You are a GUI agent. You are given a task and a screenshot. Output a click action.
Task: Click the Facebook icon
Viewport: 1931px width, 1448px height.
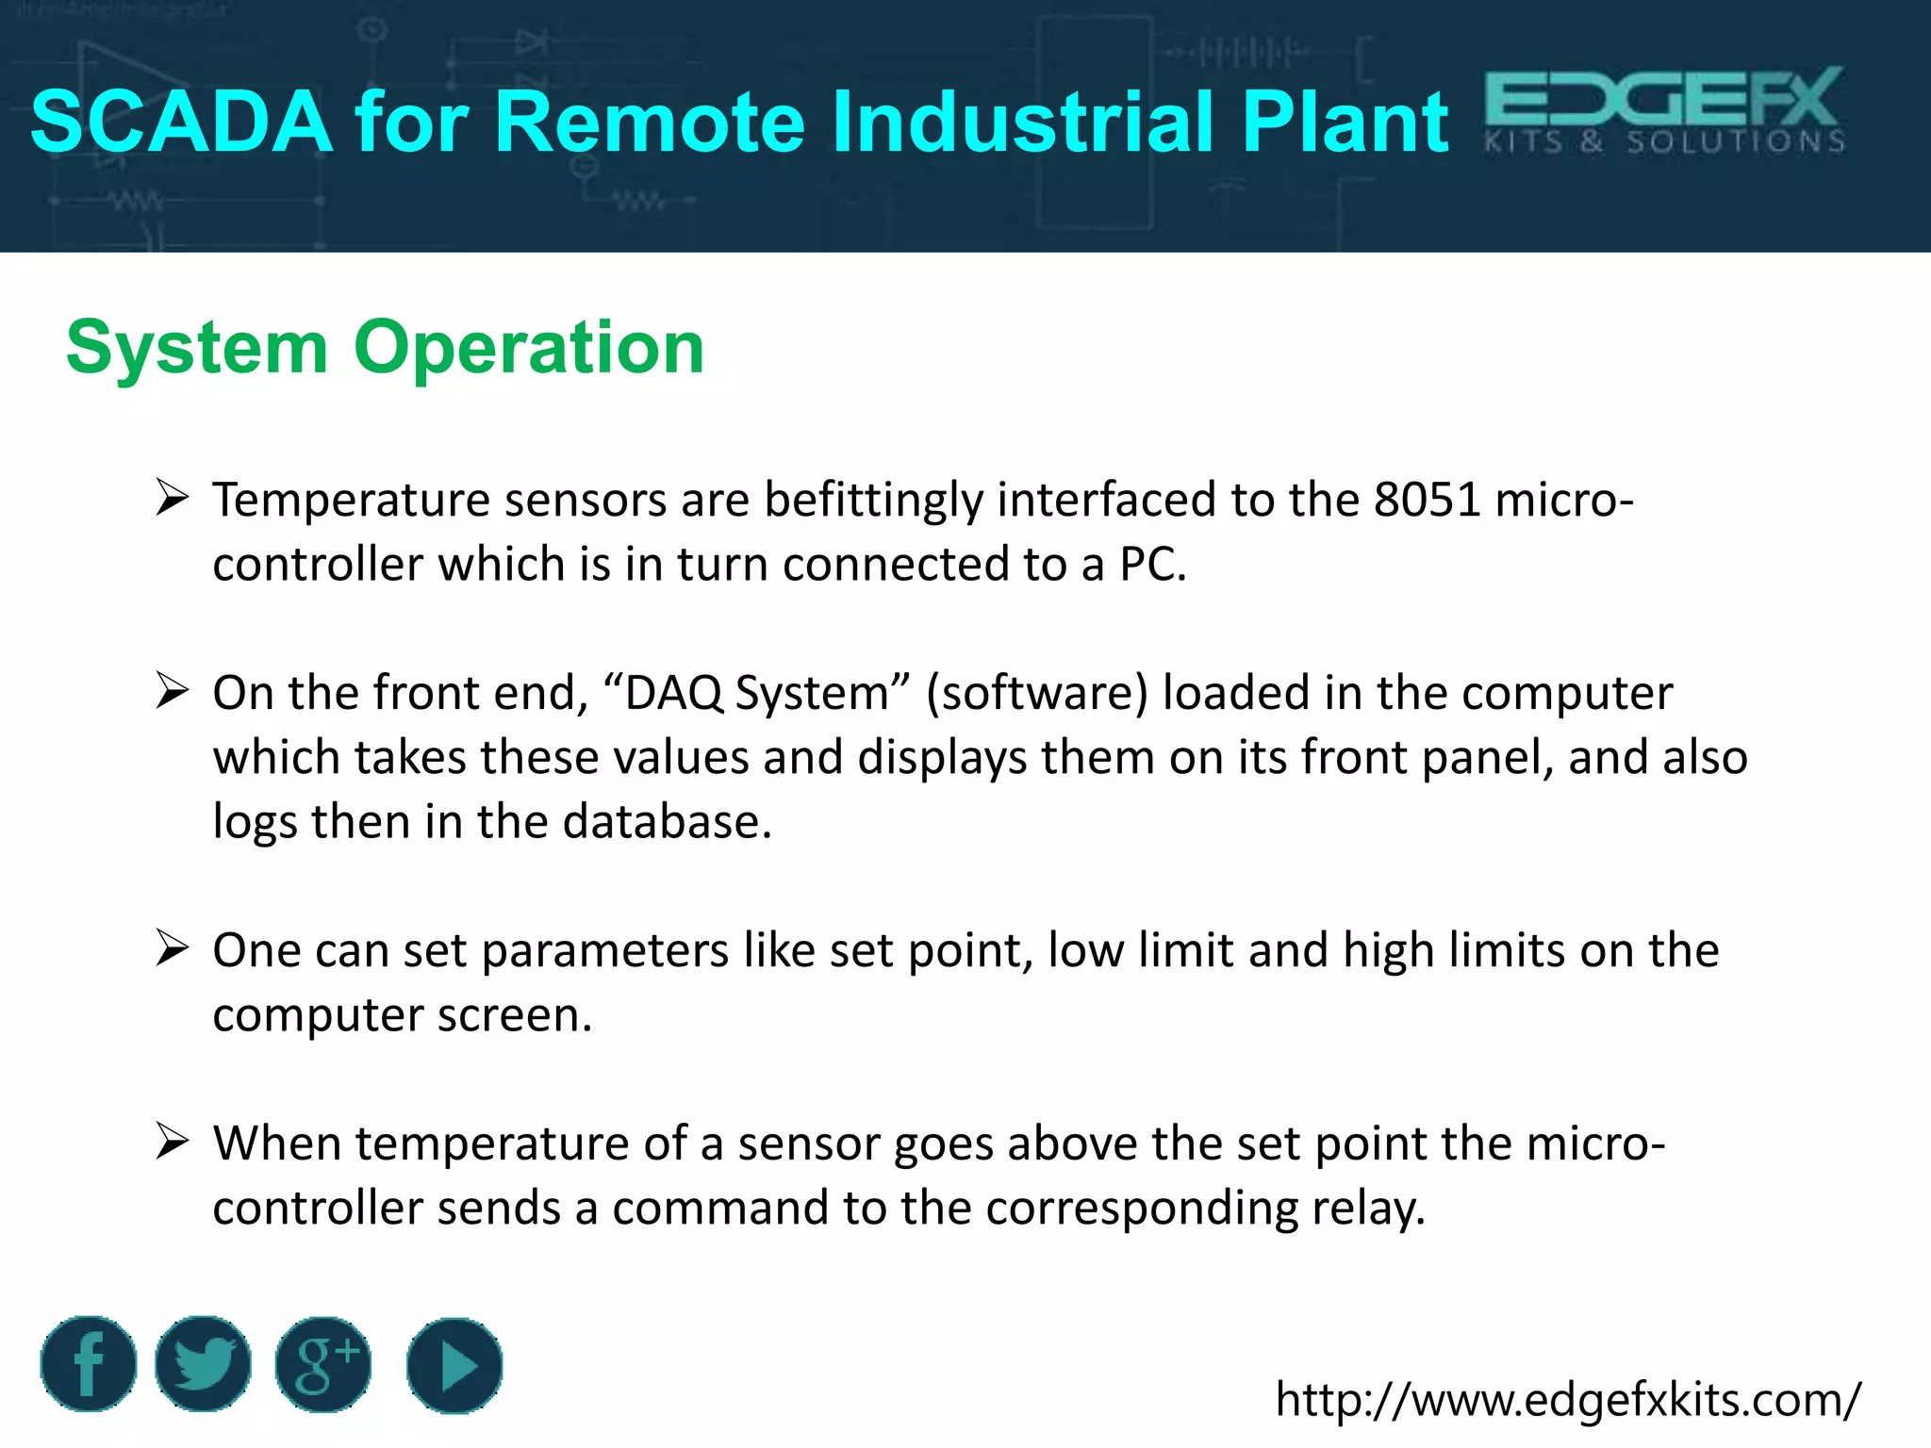[89, 1364]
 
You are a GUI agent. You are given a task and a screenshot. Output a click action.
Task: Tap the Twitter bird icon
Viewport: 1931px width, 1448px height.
[203, 1364]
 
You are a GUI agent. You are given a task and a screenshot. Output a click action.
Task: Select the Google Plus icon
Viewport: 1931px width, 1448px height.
[323, 1364]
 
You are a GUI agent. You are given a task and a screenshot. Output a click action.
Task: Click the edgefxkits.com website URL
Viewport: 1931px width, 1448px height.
[1568, 1400]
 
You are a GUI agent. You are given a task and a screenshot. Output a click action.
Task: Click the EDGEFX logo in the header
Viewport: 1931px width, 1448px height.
[1664, 110]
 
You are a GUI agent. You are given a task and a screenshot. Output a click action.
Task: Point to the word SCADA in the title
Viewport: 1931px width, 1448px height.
[181, 123]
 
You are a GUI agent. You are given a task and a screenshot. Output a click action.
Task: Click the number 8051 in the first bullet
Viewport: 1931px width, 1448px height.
[1427, 499]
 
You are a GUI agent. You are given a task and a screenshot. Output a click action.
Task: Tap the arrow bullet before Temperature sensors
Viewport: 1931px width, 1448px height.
[173, 497]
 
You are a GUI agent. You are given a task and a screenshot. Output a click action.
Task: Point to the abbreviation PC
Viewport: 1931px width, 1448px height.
[1150, 565]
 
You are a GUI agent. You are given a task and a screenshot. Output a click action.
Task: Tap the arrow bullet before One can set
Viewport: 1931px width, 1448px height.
[173, 947]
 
